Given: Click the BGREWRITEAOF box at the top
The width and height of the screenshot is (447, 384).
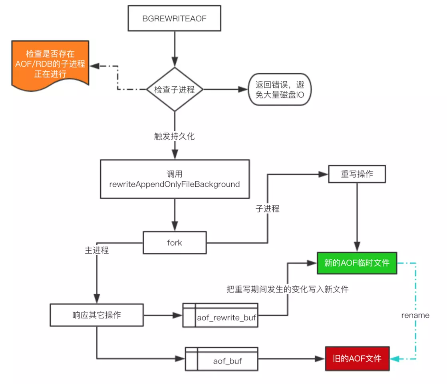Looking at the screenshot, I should (175, 19).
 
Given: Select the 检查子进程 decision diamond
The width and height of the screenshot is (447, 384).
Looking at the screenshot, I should (175, 90).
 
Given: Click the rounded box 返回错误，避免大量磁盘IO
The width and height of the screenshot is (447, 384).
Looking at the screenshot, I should (280, 89).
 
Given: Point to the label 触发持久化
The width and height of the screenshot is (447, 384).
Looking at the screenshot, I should (175, 136).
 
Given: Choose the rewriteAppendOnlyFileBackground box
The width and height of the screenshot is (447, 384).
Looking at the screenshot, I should (175, 179).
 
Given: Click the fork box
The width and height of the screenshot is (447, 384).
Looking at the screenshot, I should (175, 242).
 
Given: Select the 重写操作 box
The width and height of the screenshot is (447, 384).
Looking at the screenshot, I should (357, 174).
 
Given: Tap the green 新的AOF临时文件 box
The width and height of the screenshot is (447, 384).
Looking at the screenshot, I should (357, 263).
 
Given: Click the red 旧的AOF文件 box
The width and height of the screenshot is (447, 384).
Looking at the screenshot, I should (357, 358).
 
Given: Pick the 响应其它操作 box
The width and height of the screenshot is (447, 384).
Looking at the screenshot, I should (97, 315).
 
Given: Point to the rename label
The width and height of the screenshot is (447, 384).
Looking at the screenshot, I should (415, 315).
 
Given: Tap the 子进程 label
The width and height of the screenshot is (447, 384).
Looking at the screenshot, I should (267, 208).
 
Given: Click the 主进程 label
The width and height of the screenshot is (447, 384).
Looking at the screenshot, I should (97, 250).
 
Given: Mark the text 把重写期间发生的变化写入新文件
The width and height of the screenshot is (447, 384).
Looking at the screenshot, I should (287, 289).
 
